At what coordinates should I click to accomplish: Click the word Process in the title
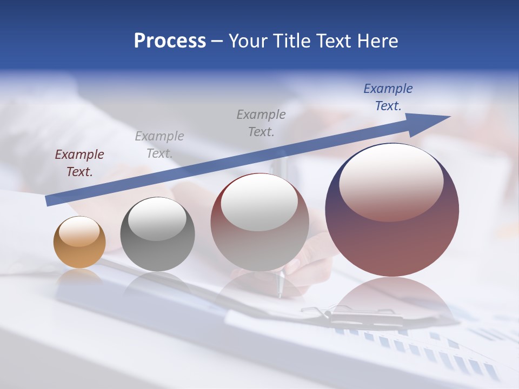click(x=170, y=41)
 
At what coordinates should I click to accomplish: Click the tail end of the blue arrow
click(x=50, y=200)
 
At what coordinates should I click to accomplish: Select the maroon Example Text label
click(x=79, y=163)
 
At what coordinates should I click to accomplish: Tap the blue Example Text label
click(x=388, y=97)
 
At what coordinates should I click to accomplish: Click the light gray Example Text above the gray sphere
click(x=159, y=145)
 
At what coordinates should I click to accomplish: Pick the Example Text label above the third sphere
click(x=261, y=123)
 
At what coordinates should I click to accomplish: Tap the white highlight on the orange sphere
click(x=79, y=231)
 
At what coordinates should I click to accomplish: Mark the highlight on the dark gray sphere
click(x=157, y=219)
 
